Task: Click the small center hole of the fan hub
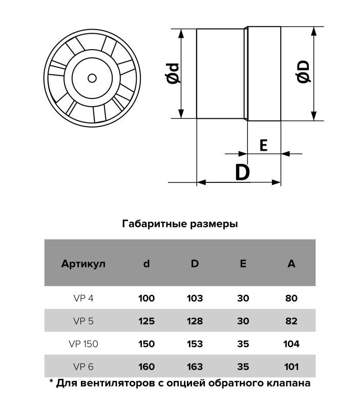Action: [92, 78]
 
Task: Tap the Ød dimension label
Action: [173, 73]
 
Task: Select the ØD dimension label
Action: [303, 72]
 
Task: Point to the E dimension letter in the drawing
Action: [263, 145]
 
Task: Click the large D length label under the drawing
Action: [242, 172]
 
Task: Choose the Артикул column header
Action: [83, 263]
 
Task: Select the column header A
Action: [291, 263]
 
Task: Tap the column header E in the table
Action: [243, 263]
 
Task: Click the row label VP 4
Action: [83, 298]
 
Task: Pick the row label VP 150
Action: [83, 343]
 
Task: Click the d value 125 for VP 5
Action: [146, 321]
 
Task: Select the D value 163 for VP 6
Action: [195, 366]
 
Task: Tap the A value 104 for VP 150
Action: [291, 343]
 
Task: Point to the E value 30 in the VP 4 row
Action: [243, 298]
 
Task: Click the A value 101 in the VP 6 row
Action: [291, 366]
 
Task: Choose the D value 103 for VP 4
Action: [195, 298]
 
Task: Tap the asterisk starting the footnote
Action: [51, 381]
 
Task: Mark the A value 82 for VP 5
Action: [291, 321]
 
